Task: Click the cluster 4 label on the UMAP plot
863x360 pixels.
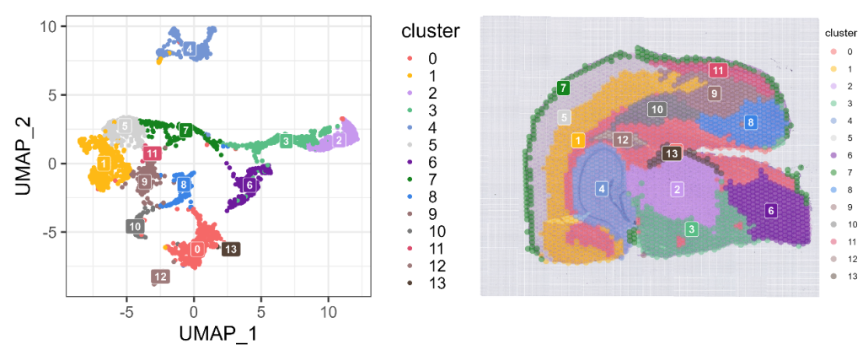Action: click(190, 49)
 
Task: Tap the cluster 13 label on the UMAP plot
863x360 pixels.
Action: click(229, 249)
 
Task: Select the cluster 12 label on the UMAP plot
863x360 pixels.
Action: click(159, 277)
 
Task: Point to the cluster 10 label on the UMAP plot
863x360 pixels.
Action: click(136, 226)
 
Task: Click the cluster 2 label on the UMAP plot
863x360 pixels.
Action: click(338, 140)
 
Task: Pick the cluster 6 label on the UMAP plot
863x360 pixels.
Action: click(249, 185)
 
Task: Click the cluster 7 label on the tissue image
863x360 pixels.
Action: click(563, 88)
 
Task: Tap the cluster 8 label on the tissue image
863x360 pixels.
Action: click(750, 122)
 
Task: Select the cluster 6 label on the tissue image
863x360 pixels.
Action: click(770, 210)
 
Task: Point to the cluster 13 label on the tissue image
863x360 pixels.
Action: click(671, 153)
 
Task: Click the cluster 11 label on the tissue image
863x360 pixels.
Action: click(718, 70)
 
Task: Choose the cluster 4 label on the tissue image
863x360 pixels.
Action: click(601, 189)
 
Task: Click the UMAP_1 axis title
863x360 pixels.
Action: click(217, 333)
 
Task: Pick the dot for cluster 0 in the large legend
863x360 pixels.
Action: click(410, 59)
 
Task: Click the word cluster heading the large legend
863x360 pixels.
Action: click(430, 32)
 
